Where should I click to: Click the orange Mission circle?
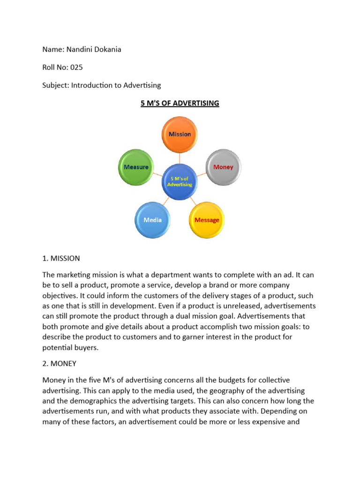[x=180, y=134]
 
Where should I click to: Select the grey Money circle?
[x=223, y=167]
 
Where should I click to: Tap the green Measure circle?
[x=136, y=167]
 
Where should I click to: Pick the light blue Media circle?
[x=153, y=219]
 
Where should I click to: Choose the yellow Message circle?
[x=207, y=220]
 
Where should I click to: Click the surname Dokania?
[x=106, y=49]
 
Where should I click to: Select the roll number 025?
[x=76, y=67]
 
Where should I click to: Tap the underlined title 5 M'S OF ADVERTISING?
[x=180, y=103]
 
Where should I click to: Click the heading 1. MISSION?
[x=61, y=258]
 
